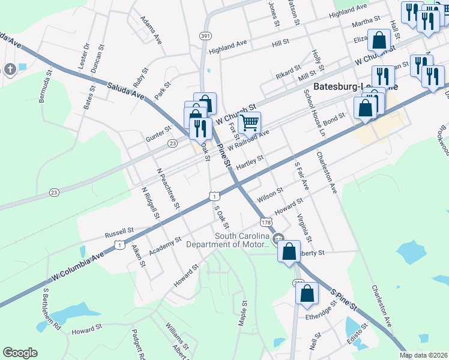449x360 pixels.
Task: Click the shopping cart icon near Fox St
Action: (x=249, y=123)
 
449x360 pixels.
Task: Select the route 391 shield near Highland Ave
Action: (x=205, y=36)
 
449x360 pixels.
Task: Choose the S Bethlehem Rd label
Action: (x=52, y=310)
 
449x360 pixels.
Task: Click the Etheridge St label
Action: (x=322, y=313)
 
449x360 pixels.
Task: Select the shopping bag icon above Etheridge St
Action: (x=307, y=294)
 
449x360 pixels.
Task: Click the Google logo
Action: (x=20, y=353)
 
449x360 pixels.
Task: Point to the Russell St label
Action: (x=119, y=231)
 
